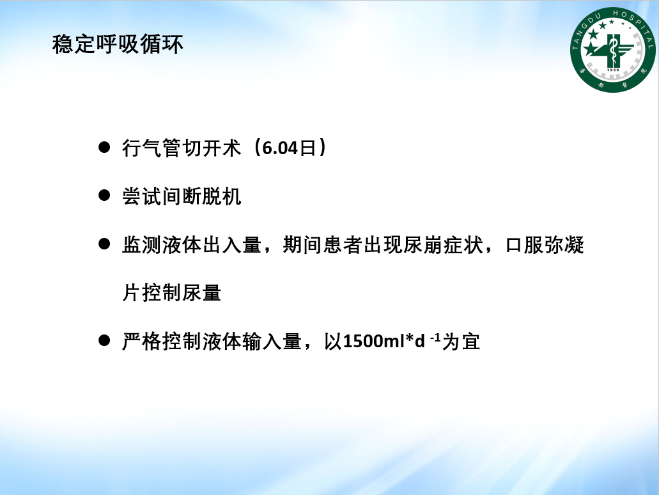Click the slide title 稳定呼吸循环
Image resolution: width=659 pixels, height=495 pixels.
[118, 44]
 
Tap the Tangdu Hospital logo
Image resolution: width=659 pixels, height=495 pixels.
[612, 50]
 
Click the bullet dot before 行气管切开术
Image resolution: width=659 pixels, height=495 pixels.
[104, 147]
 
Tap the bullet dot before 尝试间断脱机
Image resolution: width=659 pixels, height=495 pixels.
[104, 196]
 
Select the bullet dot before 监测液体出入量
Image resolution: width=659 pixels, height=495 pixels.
[104, 244]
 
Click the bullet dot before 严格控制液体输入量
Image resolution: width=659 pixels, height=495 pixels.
[104, 340]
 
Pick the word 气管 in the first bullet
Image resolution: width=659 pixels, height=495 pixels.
[162, 148]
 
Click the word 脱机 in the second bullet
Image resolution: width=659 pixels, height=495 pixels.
[222, 196]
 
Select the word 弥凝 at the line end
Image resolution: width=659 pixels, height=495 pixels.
[564, 245]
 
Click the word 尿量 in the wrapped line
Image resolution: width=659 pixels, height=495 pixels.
[201, 293]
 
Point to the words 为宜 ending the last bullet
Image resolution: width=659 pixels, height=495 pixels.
[461, 341]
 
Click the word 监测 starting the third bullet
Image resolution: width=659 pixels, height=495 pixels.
[142, 245]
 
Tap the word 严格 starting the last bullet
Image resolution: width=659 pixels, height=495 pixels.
[142, 341]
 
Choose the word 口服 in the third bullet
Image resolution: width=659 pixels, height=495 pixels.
[524, 245]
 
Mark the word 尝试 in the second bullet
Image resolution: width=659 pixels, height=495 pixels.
[142, 196]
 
